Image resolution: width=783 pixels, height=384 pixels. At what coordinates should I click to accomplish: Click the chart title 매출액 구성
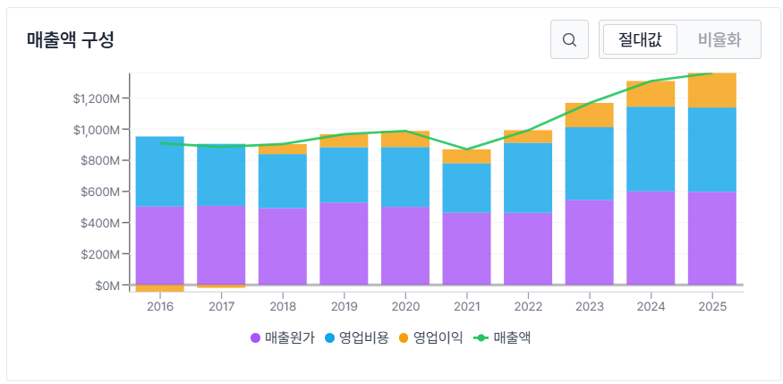(71, 40)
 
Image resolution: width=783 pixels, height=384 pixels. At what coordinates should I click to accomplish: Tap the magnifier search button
(569, 39)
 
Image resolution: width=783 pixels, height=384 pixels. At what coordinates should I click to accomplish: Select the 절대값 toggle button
(640, 39)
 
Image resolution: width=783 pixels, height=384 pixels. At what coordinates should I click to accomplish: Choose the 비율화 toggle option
(719, 39)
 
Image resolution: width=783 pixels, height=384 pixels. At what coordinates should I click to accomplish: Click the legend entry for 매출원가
(282, 337)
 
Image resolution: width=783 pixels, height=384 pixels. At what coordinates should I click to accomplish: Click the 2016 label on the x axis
(160, 306)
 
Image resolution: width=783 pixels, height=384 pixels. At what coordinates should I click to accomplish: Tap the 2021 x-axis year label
(466, 306)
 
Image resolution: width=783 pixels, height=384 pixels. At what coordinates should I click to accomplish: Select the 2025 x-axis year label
(712, 306)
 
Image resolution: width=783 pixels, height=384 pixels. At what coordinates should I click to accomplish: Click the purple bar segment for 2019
(344, 243)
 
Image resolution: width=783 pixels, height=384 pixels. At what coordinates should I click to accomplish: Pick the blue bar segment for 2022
(528, 177)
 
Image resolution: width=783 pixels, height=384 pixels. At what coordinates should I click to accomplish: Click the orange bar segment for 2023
(589, 115)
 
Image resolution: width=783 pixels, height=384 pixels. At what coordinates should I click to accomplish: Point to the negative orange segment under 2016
(160, 289)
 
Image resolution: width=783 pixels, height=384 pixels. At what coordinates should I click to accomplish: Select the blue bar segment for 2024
(651, 149)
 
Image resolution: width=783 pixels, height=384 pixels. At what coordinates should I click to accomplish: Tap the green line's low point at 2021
(466, 149)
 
